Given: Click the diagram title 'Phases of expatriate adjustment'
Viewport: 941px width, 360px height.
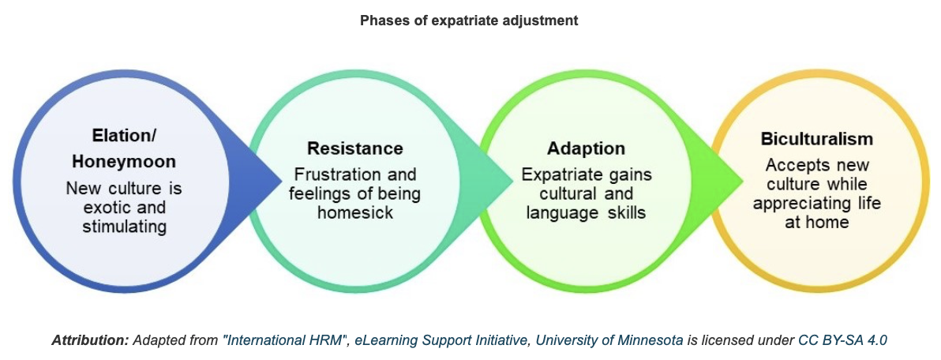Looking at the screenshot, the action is point(469,21).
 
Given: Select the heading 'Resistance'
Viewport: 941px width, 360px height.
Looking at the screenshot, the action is point(355,148).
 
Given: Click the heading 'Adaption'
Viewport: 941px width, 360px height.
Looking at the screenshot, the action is point(587,148).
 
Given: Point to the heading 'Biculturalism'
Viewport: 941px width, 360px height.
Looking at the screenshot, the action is point(817,139).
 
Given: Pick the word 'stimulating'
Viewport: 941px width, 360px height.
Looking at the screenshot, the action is point(124,227).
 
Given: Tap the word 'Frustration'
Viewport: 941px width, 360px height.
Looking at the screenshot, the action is point(336,176).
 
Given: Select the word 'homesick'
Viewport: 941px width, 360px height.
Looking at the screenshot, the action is point(356,212).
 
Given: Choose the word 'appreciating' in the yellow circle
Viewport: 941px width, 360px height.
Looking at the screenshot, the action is point(796,204).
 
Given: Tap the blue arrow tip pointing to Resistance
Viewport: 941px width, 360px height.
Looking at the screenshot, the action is point(282,178).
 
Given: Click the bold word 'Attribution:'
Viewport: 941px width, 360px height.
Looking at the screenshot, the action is point(91,340).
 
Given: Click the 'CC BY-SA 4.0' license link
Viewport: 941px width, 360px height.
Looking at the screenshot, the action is point(842,340).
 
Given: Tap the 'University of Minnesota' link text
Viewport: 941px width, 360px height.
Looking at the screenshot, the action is point(609,340).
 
